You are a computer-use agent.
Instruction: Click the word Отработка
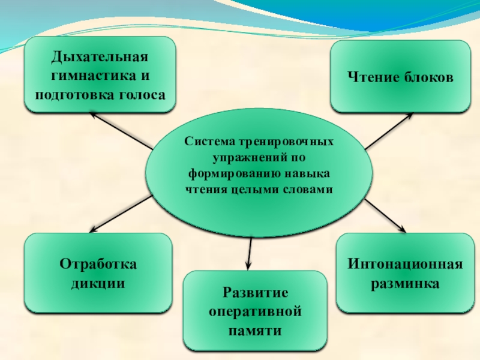click(98, 265)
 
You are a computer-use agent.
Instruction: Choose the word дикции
click(98, 283)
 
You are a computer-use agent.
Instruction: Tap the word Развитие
click(256, 293)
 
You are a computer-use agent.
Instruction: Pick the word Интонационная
click(405, 264)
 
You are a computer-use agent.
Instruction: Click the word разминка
click(405, 282)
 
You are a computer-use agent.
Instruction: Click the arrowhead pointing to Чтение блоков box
click(409, 117)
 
